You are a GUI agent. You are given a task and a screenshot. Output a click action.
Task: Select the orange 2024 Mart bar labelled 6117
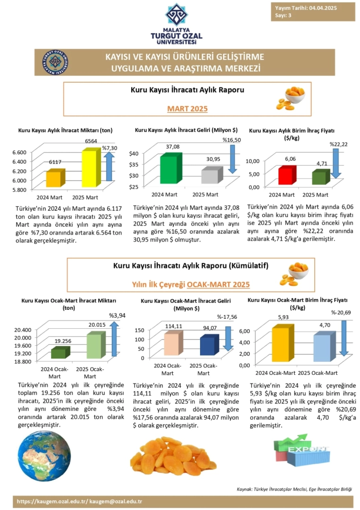[53, 179]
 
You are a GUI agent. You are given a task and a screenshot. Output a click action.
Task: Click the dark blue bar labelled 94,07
[207, 346]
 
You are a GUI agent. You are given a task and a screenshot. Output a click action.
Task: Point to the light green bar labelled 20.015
[94, 346]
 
